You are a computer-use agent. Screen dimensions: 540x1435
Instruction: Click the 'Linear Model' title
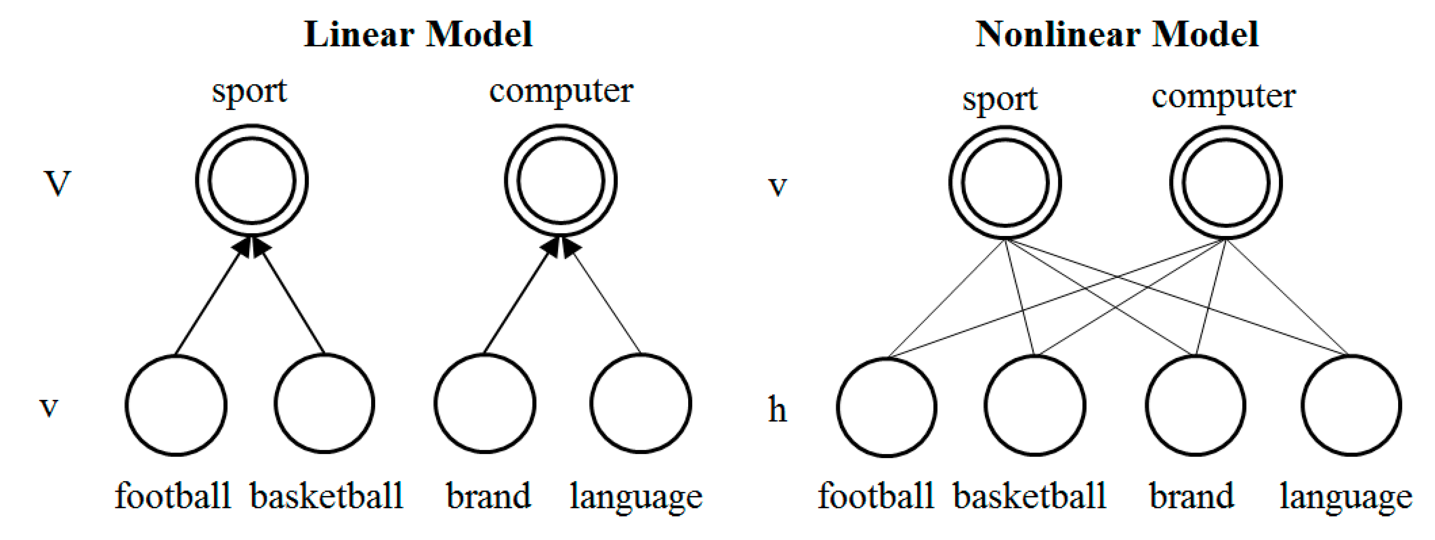418,34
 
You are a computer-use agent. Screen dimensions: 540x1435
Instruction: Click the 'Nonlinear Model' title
1116,34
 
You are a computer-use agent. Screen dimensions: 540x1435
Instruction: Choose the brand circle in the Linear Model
485,403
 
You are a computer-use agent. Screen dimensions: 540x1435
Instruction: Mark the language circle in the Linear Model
641,403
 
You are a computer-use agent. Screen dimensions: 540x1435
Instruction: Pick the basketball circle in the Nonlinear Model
1034,406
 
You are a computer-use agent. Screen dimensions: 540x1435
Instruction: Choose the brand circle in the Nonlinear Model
1195,406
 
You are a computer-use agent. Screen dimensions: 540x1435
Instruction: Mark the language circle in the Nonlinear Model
1351,406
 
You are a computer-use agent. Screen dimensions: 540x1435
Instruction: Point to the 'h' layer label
777,410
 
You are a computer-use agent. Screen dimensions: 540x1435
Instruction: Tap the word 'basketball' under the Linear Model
326,496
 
